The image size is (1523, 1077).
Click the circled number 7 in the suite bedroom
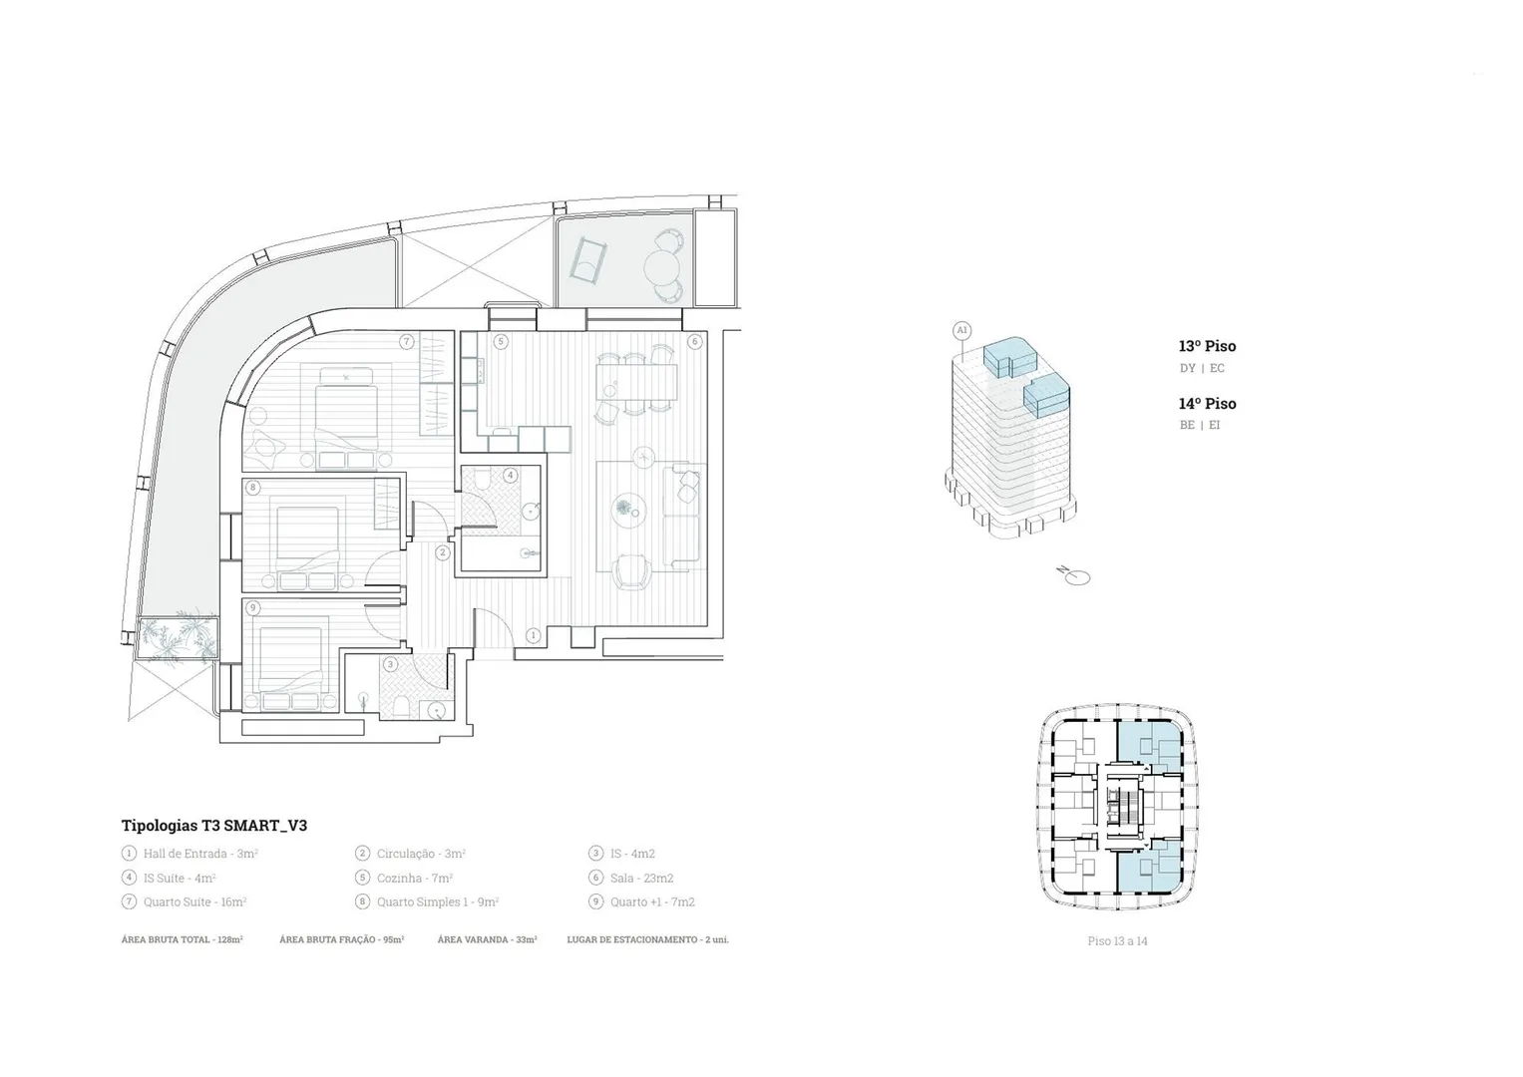click(x=407, y=341)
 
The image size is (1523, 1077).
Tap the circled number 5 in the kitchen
click(x=501, y=341)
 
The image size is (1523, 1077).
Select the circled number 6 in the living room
click(x=694, y=341)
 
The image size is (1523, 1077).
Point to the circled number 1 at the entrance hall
click(x=534, y=635)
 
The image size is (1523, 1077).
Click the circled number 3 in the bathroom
click(x=390, y=664)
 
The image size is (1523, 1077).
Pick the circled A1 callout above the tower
click(x=962, y=330)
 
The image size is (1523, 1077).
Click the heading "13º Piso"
click(x=1208, y=346)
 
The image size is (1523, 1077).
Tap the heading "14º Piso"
click(x=1208, y=404)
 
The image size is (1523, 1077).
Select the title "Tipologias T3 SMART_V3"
click(x=214, y=826)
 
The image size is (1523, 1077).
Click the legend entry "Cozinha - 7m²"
click(x=415, y=878)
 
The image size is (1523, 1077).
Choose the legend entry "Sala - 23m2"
click(x=642, y=878)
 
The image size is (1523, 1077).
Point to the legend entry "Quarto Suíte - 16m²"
click(x=195, y=902)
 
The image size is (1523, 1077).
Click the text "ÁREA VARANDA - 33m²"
click(x=488, y=939)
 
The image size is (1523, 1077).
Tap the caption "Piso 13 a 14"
click(x=1118, y=941)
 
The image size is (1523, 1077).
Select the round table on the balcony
click(x=658, y=265)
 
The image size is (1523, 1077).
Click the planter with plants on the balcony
click(x=178, y=638)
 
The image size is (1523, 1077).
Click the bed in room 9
click(x=291, y=663)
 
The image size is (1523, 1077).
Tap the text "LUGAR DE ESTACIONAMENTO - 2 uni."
click(x=648, y=939)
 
